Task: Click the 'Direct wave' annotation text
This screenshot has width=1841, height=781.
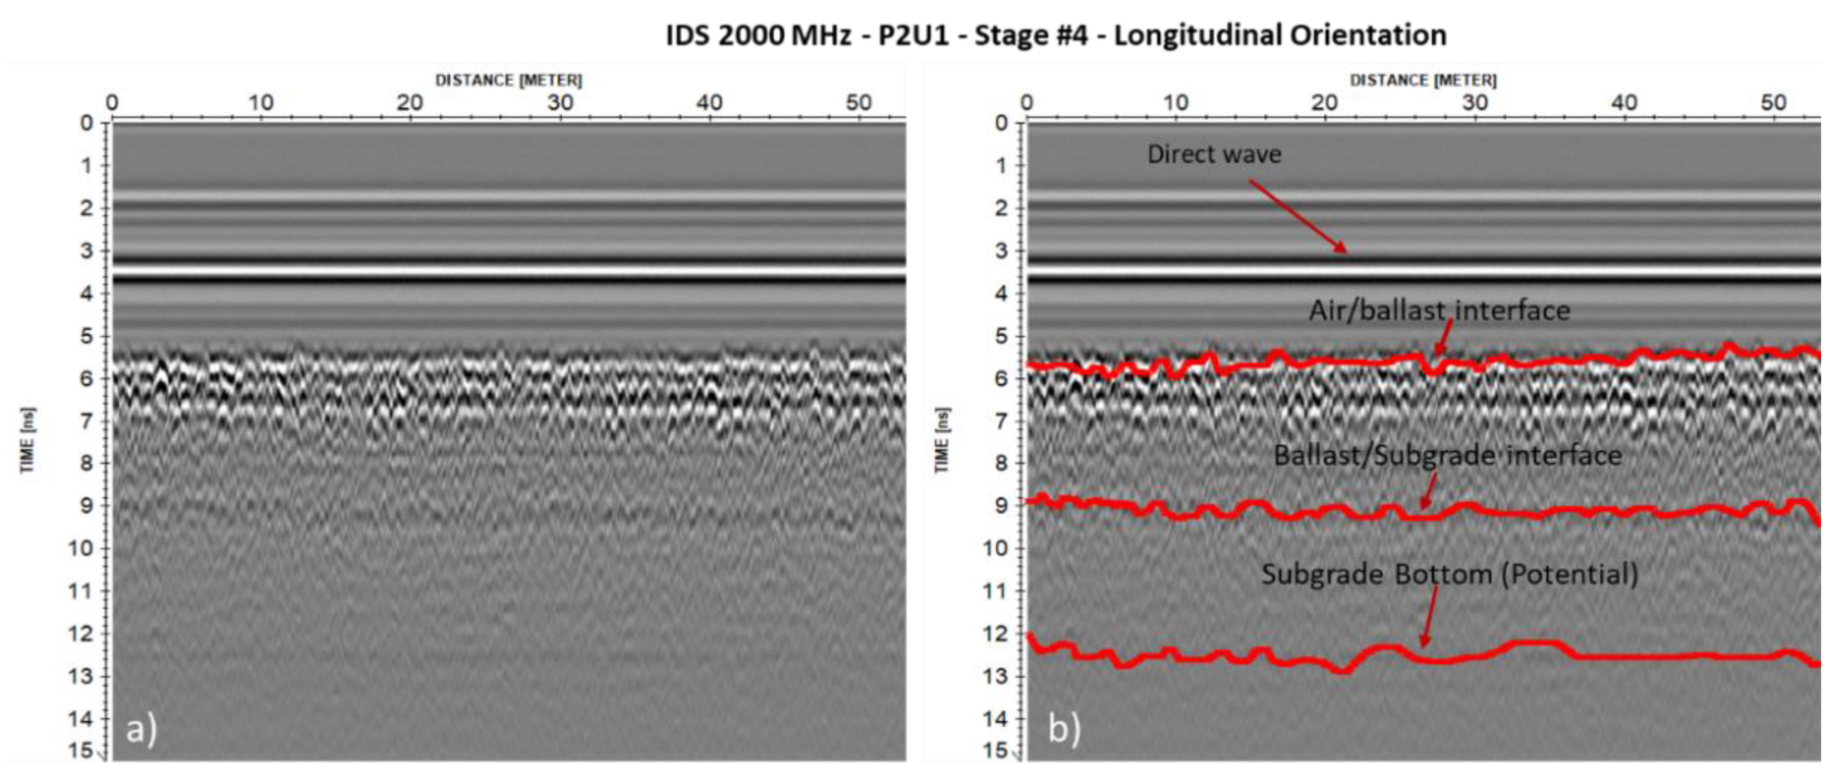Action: pos(1214,154)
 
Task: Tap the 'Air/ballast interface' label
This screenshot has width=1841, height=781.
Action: pos(1440,311)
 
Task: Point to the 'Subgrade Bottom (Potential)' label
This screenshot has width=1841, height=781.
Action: pos(1450,574)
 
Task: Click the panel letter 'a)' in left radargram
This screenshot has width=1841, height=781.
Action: pos(141,730)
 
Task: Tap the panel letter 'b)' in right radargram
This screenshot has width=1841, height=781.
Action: pos(1064,730)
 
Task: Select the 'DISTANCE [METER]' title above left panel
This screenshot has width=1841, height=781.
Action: pos(509,80)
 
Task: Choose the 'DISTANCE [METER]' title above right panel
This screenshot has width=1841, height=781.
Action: pos(1423,80)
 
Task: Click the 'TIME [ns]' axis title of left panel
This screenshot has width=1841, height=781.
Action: pos(28,440)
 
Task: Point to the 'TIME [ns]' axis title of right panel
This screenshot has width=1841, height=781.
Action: pos(942,440)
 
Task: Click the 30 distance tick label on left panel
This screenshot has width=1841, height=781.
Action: pos(560,103)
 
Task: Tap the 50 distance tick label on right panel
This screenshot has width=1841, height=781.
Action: pos(1773,103)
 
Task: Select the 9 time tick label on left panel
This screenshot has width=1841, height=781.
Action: pos(86,506)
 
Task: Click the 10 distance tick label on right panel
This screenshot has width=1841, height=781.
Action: pos(1175,103)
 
